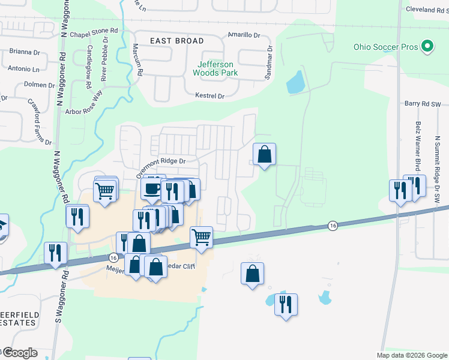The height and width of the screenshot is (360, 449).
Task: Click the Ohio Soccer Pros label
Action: (385, 47)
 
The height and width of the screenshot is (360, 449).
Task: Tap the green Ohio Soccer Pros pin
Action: (427, 46)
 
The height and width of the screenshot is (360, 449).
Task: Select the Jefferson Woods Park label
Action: (215, 68)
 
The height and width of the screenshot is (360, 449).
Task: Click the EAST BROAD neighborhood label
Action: (177, 41)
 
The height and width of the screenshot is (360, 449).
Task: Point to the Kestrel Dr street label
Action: (210, 96)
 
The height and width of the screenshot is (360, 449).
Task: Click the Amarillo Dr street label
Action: (244, 35)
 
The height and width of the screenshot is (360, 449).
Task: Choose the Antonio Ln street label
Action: (23, 69)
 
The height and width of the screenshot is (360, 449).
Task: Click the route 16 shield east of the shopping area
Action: (333, 226)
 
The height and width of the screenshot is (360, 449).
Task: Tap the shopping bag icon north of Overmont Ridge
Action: (264, 155)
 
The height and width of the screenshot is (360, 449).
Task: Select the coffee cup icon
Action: (151, 188)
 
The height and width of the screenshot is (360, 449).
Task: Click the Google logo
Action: (19, 353)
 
